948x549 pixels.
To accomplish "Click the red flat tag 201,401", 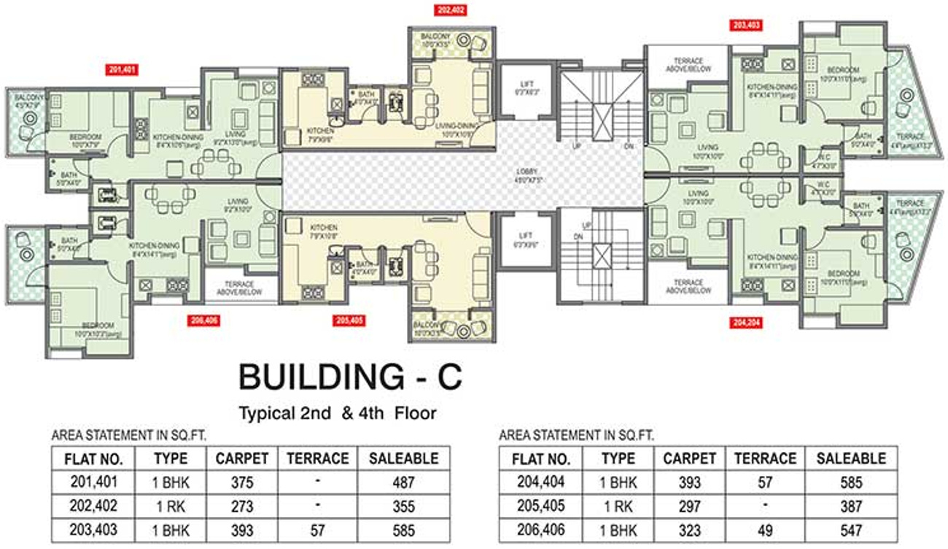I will point(123,71).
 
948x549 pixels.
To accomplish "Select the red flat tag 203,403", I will point(747,25).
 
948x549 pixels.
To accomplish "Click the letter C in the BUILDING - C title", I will point(446,379).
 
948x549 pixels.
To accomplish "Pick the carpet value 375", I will point(241,482).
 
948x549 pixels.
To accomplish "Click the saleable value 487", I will point(403,482).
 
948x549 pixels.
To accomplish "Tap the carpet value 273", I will point(241,506).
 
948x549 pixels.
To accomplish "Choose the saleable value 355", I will point(403,506).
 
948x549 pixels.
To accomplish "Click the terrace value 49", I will point(764,529).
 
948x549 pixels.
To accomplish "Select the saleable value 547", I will point(850,529).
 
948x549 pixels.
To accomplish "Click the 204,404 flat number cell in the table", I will point(540,482).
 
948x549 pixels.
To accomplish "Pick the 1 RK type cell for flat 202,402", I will point(171,506).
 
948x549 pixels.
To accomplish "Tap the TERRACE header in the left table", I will point(317,458).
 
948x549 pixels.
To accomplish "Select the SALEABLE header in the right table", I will point(850,458).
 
